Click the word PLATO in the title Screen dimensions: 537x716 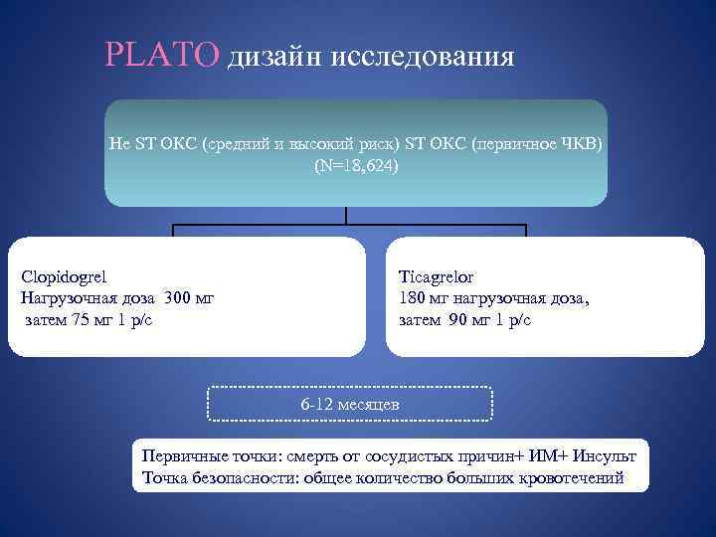click(x=161, y=54)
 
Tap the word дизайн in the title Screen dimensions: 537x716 click(x=268, y=58)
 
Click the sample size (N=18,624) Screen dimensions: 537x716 click(x=355, y=165)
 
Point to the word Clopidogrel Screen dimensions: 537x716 click(x=64, y=277)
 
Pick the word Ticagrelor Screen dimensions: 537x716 click(x=438, y=277)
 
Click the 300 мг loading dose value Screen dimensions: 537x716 click(x=189, y=298)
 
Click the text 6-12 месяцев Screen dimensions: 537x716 click(x=350, y=405)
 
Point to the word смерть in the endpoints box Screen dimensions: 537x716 click(x=311, y=455)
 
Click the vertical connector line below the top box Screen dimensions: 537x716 click(x=346, y=216)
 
